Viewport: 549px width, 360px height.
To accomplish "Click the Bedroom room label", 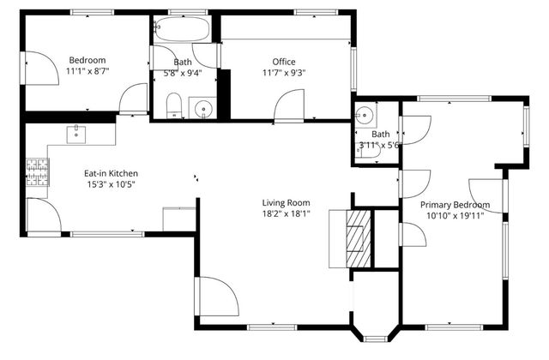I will (87, 59).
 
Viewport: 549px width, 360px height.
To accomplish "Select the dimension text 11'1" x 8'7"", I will (87, 72).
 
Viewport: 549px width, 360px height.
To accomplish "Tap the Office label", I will (284, 62).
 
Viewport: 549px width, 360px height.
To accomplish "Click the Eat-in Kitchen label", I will (111, 173).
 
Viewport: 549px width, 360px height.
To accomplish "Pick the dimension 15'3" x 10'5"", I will (111, 184).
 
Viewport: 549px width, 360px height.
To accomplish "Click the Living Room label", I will (287, 203).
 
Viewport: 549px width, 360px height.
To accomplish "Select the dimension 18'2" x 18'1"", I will (287, 215).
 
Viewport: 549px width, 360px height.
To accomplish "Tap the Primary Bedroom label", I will (455, 205).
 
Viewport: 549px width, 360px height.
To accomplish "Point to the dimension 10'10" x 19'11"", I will (455, 216).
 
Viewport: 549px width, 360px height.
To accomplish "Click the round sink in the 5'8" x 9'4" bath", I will (202, 108).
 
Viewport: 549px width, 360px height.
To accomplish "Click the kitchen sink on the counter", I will (76, 133).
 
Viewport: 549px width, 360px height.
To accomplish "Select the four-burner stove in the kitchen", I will (37, 172).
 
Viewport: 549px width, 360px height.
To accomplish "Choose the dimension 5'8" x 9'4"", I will (184, 74).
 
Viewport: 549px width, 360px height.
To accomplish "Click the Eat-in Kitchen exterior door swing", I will (43, 215).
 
